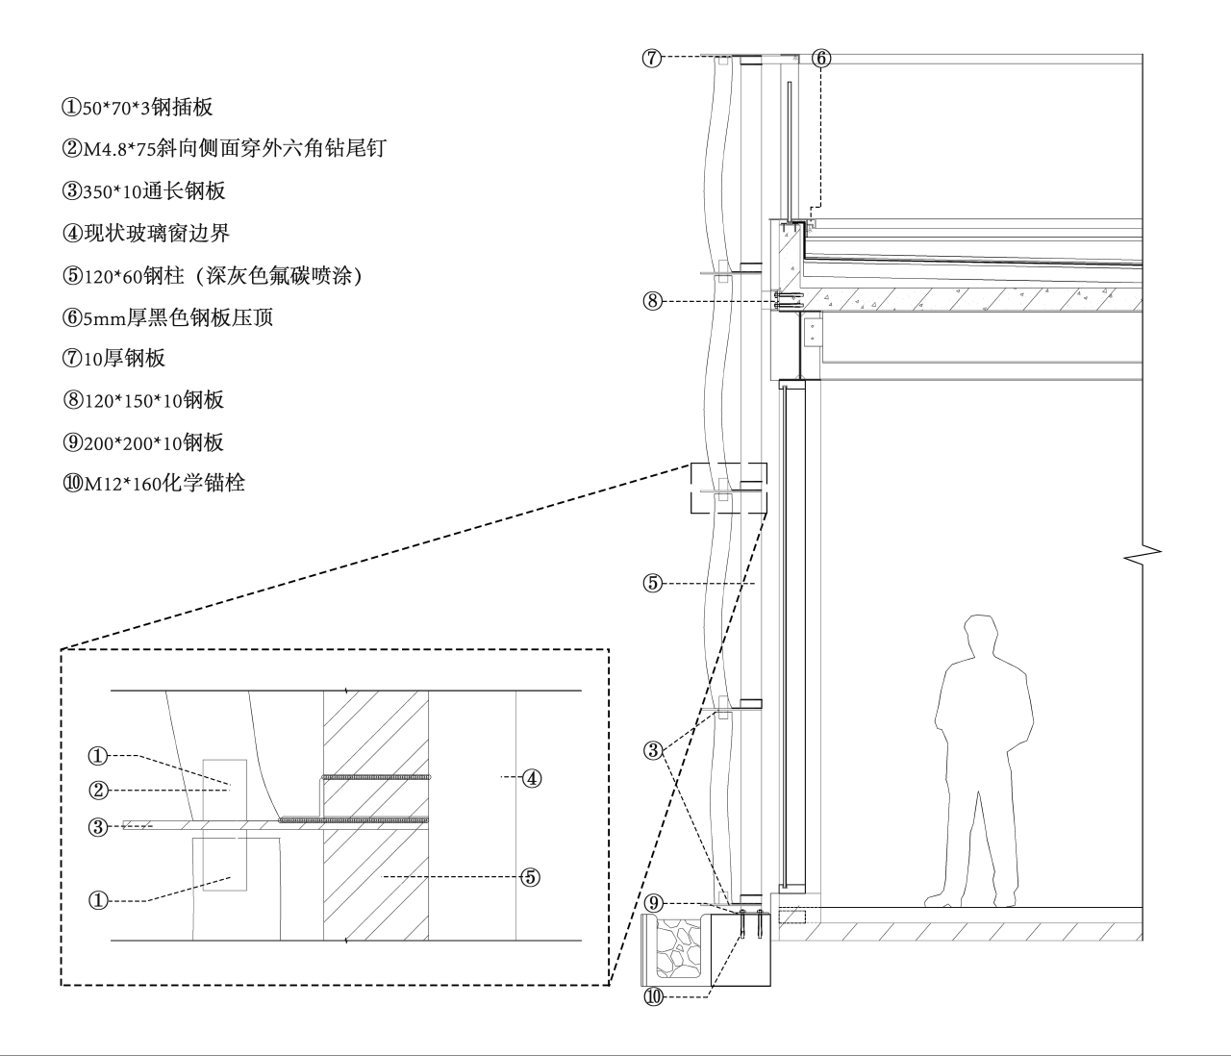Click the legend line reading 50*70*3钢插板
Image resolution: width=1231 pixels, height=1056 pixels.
click(x=138, y=107)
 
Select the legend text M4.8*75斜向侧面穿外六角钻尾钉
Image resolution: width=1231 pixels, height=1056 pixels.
click(x=224, y=148)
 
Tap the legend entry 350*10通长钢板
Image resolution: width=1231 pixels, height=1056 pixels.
click(x=144, y=190)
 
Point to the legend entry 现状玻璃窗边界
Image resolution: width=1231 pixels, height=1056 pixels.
click(x=145, y=233)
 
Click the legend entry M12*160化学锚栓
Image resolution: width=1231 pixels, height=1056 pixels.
click(x=154, y=483)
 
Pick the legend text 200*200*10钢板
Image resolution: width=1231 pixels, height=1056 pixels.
click(x=143, y=442)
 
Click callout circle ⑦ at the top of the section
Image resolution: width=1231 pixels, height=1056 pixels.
click(x=652, y=58)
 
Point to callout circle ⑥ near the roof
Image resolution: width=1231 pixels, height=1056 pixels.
click(x=820, y=58)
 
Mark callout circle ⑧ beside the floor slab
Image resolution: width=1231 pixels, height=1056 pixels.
click(x=652, y=302)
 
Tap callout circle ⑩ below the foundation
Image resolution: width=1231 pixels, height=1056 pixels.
click(x=653, y=997)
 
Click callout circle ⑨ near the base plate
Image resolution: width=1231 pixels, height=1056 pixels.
click(x=653, y=903)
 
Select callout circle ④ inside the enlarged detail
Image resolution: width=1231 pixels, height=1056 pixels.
click(x=531, y=778)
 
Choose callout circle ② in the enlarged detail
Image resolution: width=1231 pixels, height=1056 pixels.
click(x=97, y=791)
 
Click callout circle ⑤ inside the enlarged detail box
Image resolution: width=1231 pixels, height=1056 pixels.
click(x=531, y=876)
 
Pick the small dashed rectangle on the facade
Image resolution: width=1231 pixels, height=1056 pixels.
click(x=729, y=489)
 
